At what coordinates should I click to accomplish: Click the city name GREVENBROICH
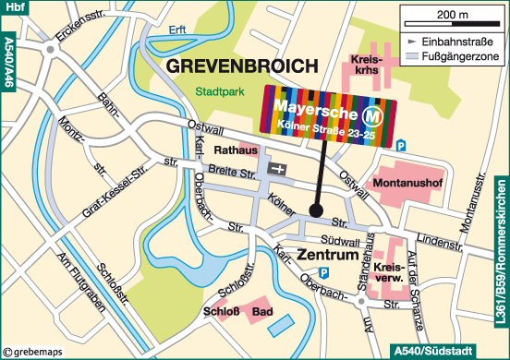(x=240, y=67)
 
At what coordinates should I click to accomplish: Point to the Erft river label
(x=178, y=30)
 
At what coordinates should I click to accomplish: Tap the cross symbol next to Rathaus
(x=278, y=170)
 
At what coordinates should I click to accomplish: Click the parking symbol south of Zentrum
(x=323, y=272)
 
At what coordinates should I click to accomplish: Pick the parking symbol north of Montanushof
(x=401, y=146)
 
